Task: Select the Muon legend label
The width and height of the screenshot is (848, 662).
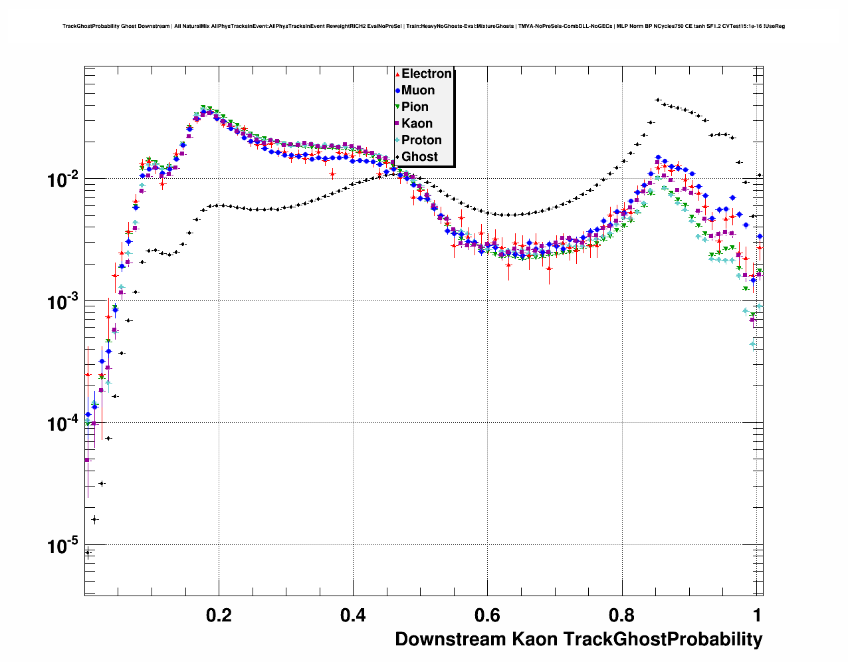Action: tap(418, 90)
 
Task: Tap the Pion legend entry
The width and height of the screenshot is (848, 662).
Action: tap(415, 107)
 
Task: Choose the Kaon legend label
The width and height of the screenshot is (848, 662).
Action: tap(417, 124)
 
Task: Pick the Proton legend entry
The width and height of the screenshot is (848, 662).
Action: tap(421, 140)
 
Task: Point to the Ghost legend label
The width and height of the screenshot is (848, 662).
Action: tap(419, 157)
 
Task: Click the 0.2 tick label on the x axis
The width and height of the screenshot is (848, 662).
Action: tap(219, 615)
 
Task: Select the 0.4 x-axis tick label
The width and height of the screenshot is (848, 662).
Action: tap(353, 615)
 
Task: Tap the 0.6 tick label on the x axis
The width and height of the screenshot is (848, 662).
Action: tap(487, 615)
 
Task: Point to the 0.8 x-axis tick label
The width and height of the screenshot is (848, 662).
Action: tap(621, 615)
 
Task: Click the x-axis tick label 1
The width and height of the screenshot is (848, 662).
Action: tap(756, 615)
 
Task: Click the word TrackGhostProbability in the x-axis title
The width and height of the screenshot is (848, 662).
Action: tap(663, 639)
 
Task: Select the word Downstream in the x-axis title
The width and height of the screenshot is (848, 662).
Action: tap(451, 639)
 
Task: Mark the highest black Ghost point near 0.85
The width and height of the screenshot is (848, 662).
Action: tap(657, 100)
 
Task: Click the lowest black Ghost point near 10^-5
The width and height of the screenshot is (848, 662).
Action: tap(88, 552)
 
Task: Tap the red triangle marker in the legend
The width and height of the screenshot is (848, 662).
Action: tap(397, 74)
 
